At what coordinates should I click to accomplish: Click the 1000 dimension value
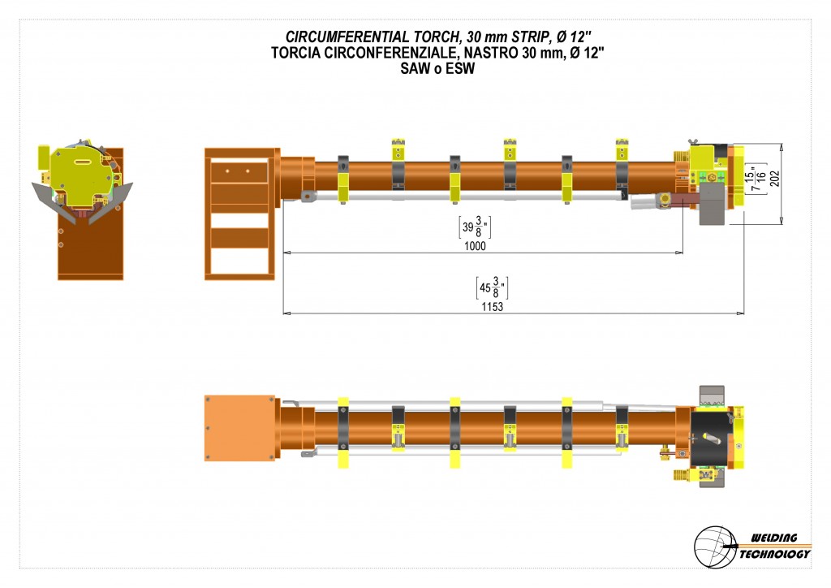[475, 246]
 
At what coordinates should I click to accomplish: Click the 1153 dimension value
[492, 307]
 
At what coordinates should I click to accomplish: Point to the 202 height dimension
[775, 178]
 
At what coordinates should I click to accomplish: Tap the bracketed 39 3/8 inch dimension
[475, 227]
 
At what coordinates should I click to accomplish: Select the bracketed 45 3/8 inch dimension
[492, 288]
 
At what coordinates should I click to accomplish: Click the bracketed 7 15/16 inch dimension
[756, 179]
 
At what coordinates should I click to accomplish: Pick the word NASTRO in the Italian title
[488, 53]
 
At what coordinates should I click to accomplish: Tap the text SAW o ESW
[437, 69]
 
